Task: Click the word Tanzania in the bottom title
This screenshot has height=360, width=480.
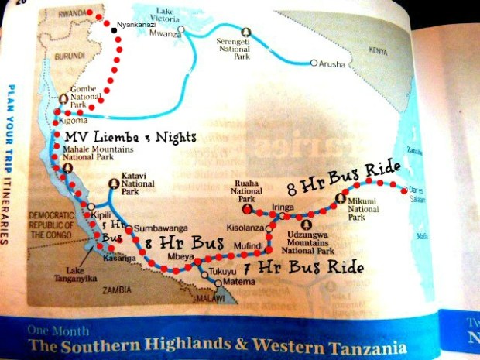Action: coord(362,346)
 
